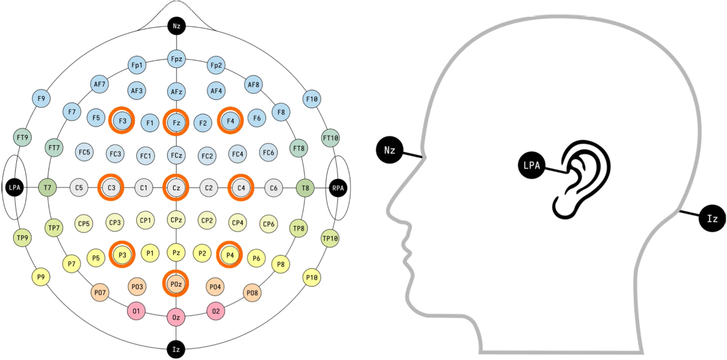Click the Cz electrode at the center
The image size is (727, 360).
click(176, 188)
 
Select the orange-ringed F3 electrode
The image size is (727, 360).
click(123, 121)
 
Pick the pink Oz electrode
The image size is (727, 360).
click(176, 316)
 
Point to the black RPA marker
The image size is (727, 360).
click(337, 188)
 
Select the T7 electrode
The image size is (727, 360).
click(47, 188)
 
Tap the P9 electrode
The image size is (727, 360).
click(41, 276)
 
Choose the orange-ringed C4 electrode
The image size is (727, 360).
click(242, 188)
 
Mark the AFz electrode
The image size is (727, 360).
click(176, 92)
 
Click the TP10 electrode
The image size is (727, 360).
click(330, 238)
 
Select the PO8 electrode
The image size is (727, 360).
click(253, 293)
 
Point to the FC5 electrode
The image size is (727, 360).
click(84, 152)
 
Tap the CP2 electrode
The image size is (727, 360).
click(207, 221)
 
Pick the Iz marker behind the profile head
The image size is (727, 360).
click(712, 218)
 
